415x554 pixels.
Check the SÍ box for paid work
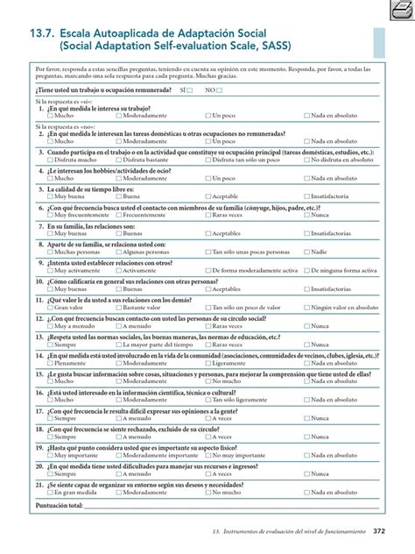pos(191,90)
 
